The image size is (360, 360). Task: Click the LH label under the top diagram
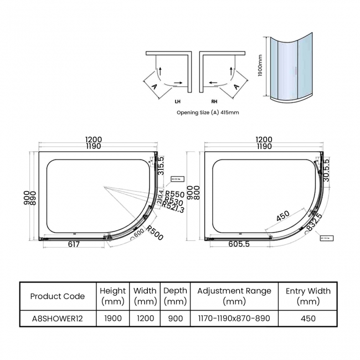(x=177, y=102)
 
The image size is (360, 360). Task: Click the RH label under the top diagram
(x=214, y=102)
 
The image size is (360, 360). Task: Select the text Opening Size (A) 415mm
(x=208, y=112)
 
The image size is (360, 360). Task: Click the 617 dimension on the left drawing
(x=74, y=244)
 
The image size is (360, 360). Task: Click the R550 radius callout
(x=174, y=194)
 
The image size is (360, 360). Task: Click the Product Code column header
(x=58, y=296)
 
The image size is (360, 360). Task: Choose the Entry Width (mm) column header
(x=308, y=296)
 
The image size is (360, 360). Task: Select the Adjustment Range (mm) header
(x=234, y=296)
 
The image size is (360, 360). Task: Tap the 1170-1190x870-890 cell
(x=234, y=318)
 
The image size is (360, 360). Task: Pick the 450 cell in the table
(x=308, y=318)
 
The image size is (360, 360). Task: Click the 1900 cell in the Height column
(x=113, y=318)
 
